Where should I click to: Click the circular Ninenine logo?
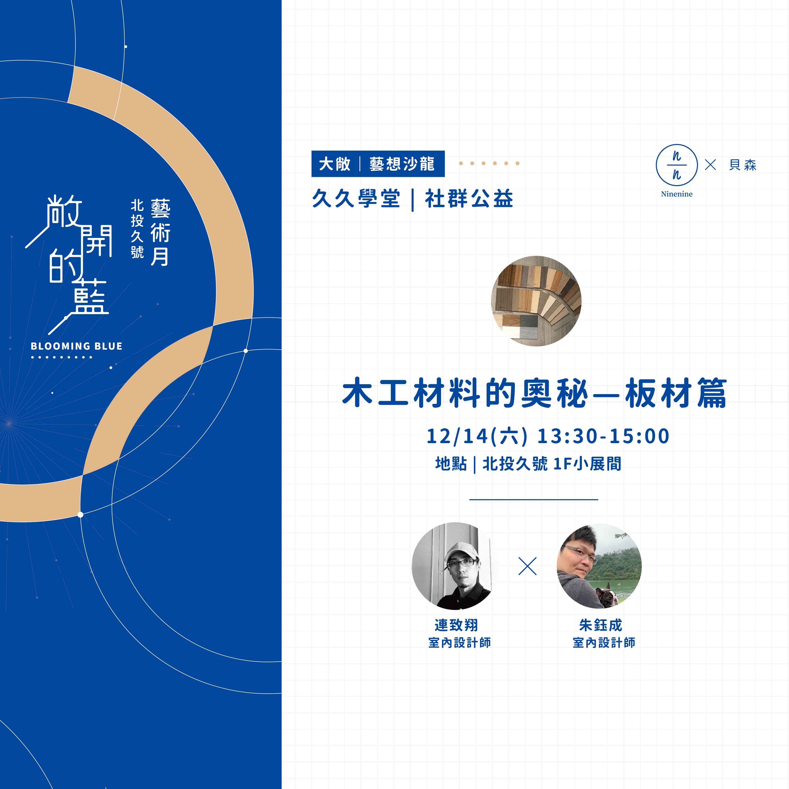click(x=677, y=165)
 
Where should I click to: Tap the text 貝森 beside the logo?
click(x=743, y=165)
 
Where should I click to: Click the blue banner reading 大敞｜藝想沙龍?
click(x=378, y=164)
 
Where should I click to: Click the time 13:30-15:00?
click(x=603, y=436)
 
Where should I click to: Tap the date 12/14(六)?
click(x=477, y=436)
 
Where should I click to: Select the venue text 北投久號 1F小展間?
click(x=552, y=464)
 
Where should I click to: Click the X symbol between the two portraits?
click(x=527, y=566)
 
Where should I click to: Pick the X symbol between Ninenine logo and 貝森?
click(x=711, y=165)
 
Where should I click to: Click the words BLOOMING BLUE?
click(x=76, y=346)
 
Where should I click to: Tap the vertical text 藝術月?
click(x=160, y=232)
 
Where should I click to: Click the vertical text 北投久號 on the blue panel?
click(x=137, y=229)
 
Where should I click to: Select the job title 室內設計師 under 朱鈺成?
click(x=604, y=643)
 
